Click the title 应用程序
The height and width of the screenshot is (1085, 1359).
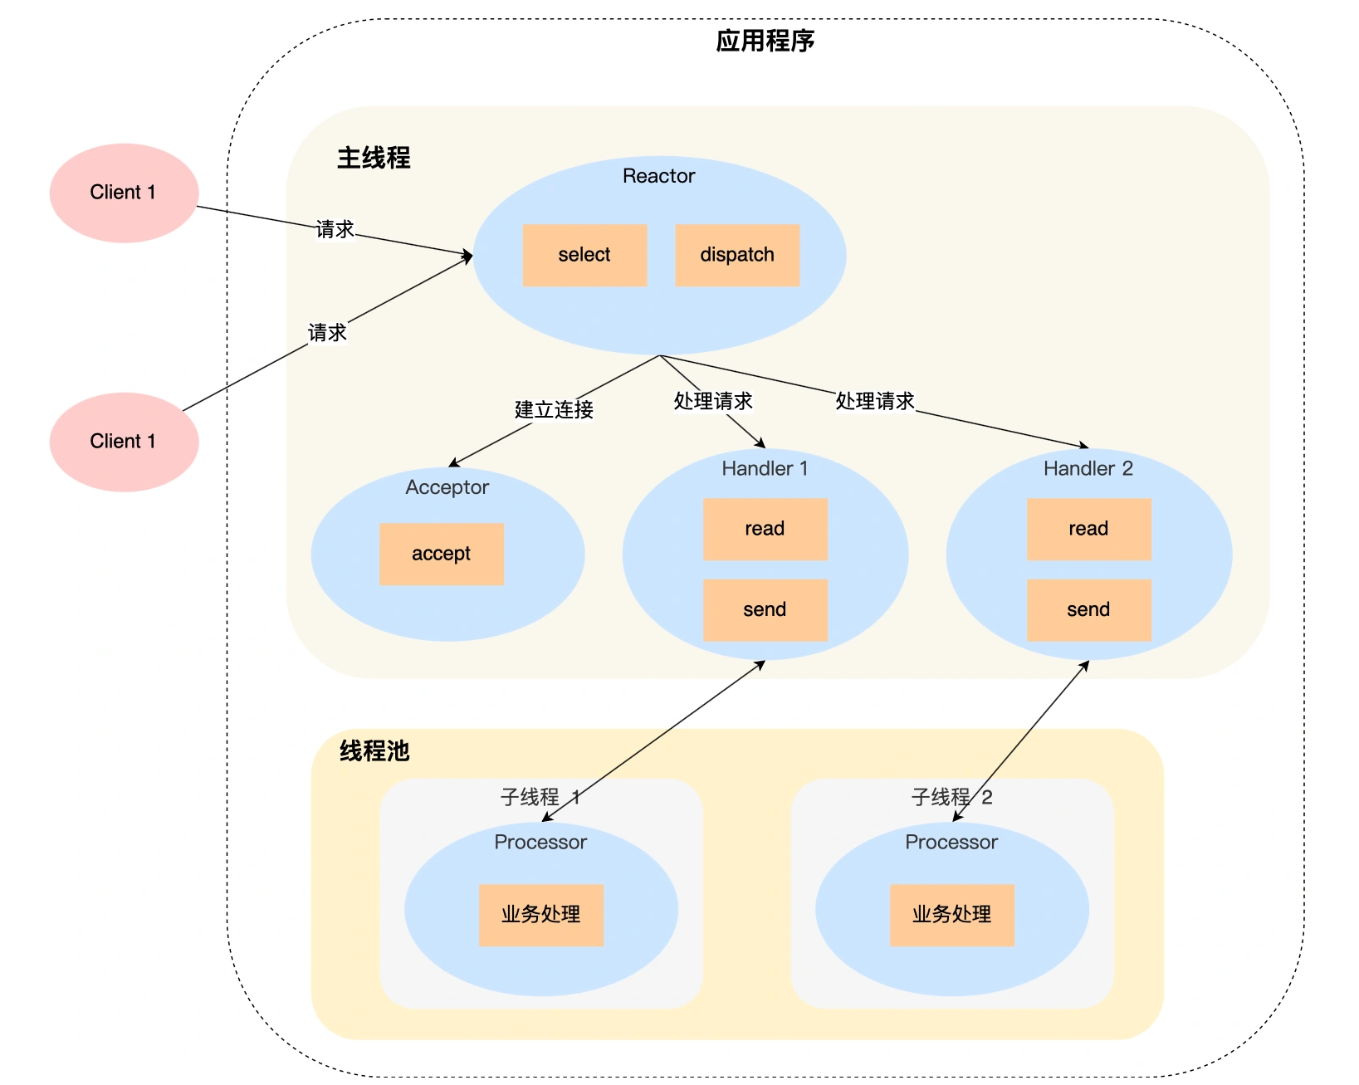[x=765, y=41]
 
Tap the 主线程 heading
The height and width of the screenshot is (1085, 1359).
[x=374, y=158]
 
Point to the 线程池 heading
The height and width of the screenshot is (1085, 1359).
[x=374, y=751]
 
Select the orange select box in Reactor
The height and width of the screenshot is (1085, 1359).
[x=584, y=255]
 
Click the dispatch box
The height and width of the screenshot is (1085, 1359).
[x=737, y=255]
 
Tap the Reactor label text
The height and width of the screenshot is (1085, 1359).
[x=658, y=176]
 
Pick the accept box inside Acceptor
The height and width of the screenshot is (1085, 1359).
[x=442, y=554]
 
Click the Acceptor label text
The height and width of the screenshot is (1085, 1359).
[x=447, y=487]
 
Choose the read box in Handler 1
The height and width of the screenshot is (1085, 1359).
[x=765, y=529]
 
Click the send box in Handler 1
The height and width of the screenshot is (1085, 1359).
[x=765, y=610]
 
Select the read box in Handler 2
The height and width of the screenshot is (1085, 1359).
[x=1088, y=529]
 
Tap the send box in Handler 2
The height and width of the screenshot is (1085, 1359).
[x=1088, y=610]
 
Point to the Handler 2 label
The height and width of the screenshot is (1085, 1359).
[x=1088, y=469]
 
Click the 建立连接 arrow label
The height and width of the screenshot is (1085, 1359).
[x=554, y=409]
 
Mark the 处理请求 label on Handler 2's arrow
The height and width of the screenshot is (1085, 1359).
[x=874, y=401]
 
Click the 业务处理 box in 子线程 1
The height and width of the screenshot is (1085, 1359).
[x=541, y=915]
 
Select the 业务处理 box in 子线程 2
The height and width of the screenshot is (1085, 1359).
[x=952, y=915]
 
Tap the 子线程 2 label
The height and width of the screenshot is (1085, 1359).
[x=951, y=798]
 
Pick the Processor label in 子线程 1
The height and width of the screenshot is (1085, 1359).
[x=540, y=843]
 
